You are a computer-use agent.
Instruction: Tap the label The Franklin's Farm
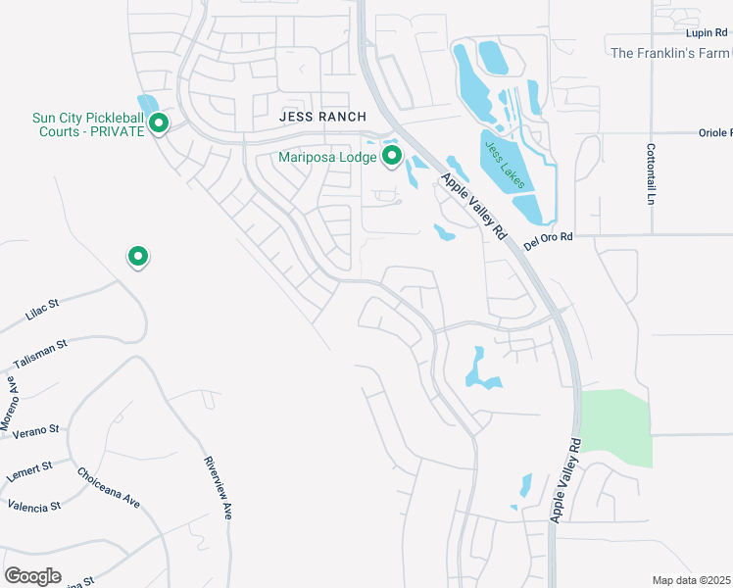pos(671,53)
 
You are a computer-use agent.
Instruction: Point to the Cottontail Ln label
pos(651,174)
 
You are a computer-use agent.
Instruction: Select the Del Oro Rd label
pos(547,241)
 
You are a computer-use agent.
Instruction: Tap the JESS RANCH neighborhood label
pos(322,116)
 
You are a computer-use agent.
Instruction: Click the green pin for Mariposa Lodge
pos(392,155)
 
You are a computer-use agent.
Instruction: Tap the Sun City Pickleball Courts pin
pos(159,123)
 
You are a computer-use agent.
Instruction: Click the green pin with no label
pos(138,256)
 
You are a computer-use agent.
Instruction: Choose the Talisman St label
pos(40,355)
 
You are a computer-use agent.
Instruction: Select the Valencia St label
pos(34,506)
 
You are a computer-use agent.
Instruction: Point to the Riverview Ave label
pos(218,487)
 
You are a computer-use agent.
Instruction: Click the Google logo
pos(32,576)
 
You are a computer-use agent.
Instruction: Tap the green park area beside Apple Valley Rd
pos(616,428)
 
